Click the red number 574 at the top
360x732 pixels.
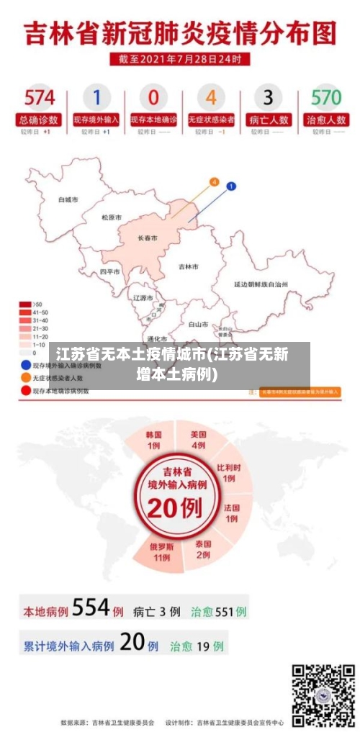click(40, 98)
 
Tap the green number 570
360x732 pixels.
click(325, 98)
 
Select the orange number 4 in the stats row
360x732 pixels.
click(211, 97)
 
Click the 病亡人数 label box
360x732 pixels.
click(268, 119)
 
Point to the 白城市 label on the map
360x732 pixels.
click(68, 199)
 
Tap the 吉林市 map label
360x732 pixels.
click(189, 266)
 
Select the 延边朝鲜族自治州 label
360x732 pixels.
click(261, 284)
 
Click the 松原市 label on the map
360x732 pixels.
click(112, 217)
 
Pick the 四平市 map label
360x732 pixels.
click(110, 271)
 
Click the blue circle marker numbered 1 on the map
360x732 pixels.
click(231, 186)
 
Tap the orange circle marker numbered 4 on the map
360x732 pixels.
click(214, 182)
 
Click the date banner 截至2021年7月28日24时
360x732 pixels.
click(180, 58)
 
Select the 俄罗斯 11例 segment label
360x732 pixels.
click(161, 551)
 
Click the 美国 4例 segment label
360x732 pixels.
click(199, 440)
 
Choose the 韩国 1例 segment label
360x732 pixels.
click(153, 440)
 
